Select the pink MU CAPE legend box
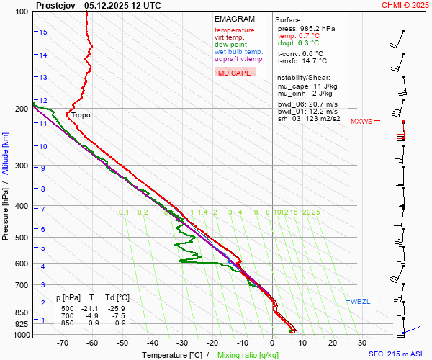(x=235, y=73)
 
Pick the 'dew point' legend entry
(x=230, y=45)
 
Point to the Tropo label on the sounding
(x=81, y=115)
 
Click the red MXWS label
(x=361, y=122)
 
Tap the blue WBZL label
(x=360, y=301)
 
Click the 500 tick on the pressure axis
(x=22, y=238)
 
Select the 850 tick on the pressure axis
(x=22, y=312)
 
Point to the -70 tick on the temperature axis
(x=63, y=344)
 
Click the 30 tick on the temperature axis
(x=361, y=344)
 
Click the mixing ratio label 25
(x=315, y=212)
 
